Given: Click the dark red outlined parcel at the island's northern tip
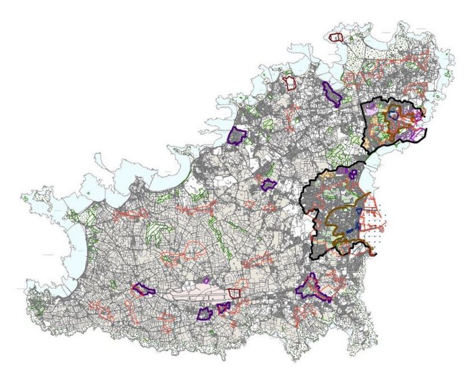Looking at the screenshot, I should pos(336,37).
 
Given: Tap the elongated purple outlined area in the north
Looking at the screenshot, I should pos(331,93).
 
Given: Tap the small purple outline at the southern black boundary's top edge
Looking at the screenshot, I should pos(352,173).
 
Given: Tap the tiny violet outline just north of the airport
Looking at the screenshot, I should pos(206,281).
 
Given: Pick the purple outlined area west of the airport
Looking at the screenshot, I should pos(142,289).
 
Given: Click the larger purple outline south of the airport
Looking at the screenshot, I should pos(205,314).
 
